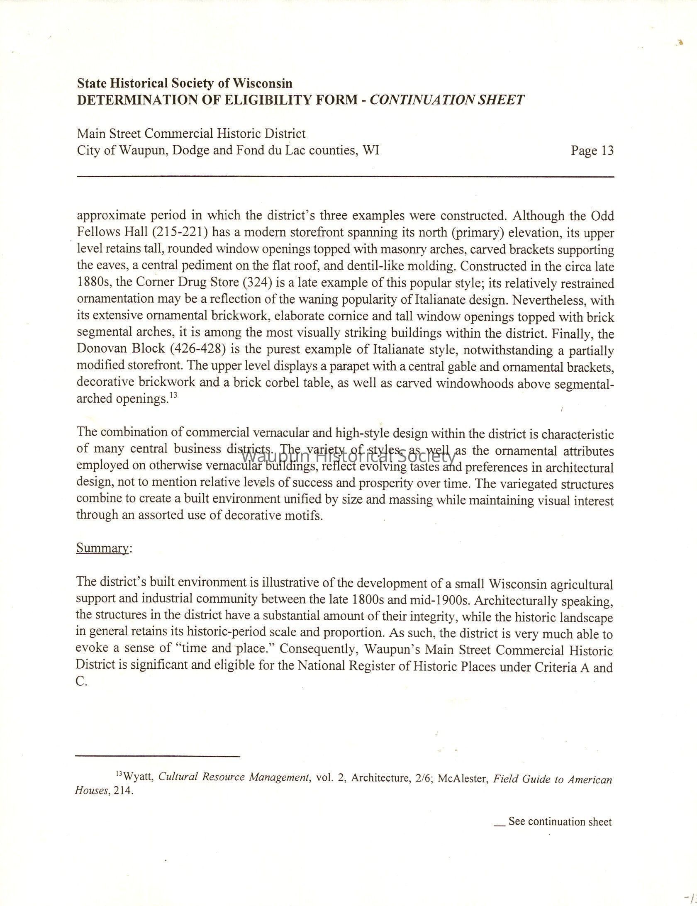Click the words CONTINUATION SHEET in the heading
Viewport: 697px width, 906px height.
[446, 100]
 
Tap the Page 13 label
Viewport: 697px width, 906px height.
[592, 150]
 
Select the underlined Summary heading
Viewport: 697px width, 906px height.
[102, 548]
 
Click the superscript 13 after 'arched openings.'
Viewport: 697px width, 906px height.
[173, 395]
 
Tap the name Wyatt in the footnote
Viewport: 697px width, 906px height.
[139, 777]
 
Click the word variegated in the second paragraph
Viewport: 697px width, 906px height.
[527, 484]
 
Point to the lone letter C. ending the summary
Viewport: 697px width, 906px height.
[81, 682]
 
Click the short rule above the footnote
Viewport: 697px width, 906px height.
[158, 756]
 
